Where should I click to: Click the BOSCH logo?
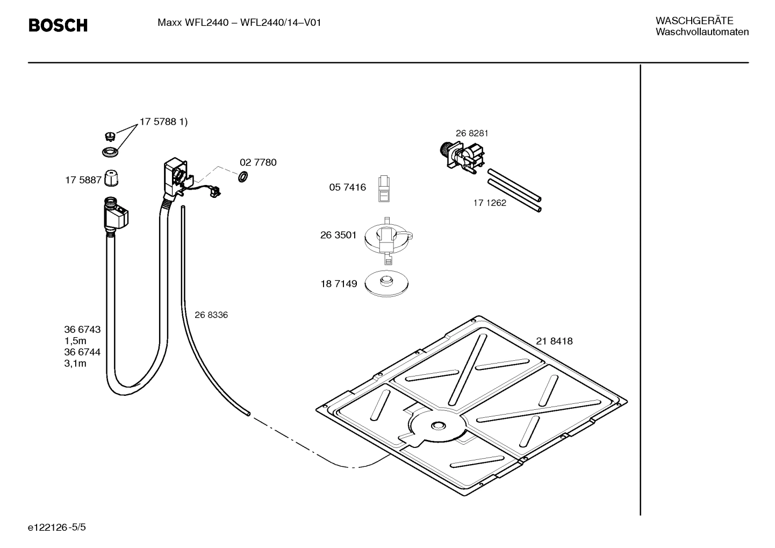point(58,25)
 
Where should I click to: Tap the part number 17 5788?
point(158,122)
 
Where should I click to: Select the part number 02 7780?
point(258,162)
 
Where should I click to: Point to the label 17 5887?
point(83,180)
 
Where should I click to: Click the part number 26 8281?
point(472,133)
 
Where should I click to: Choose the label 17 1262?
point(490,203)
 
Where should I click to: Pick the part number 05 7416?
point(347,187)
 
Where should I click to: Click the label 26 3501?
point(339,235)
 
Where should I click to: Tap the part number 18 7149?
point(339,283)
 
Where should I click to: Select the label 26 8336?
point(211,315)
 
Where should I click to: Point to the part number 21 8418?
point(554,341)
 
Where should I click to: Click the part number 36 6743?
point(82,329)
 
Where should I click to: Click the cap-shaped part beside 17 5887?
point(111,178)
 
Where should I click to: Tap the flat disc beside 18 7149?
point(386,283)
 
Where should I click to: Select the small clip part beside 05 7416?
point(384,189)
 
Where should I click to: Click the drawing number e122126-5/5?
point(57,528)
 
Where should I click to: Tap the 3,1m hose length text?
point(75,364)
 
